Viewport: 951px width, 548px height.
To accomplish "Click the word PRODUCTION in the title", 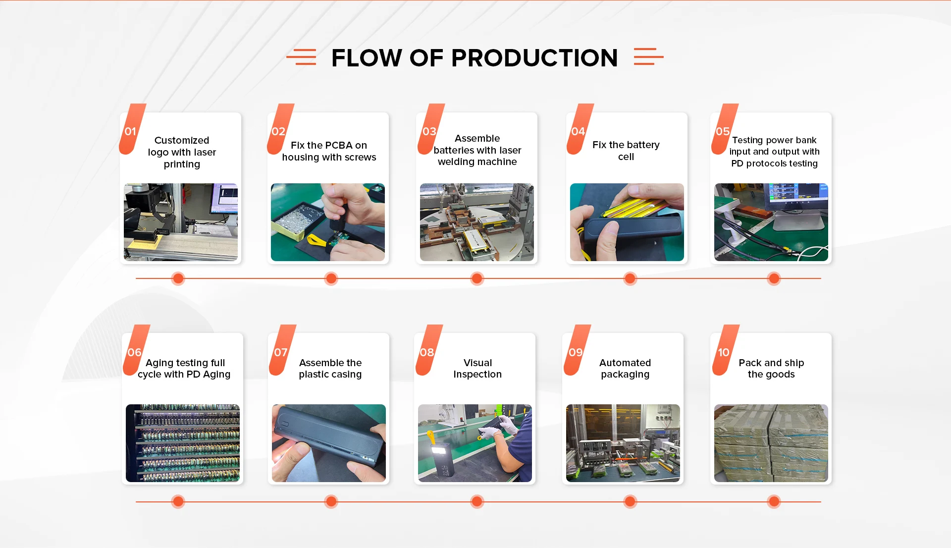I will (x=534, y=58).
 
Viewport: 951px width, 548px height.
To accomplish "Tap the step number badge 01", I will (x=131, y=131).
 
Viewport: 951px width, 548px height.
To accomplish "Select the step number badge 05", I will (x=723, y=131).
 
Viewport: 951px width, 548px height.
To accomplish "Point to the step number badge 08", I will (x=427, y=352).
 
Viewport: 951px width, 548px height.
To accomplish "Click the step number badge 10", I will (x=724, y=352).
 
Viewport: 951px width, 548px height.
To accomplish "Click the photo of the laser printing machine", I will (x=181, y=222).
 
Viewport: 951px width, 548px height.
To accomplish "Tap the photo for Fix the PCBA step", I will (x=328, y=222).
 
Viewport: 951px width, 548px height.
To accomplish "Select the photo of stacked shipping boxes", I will (x=771, y=443).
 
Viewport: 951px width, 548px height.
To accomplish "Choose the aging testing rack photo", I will (x=183, y=443).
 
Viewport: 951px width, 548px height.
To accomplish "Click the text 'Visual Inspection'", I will (x=477, y=369).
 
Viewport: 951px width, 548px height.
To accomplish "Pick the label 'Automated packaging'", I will (x=625, y=369).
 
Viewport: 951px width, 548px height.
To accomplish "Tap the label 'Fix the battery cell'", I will (x=626, y=151).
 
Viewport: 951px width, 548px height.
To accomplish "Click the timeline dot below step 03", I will (x=477, y=278).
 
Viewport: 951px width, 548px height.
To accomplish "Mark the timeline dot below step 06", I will (x=178, y=501).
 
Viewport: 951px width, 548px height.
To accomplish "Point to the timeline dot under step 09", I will (x=630, y=501).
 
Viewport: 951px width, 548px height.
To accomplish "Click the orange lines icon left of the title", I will (x=302, y=57).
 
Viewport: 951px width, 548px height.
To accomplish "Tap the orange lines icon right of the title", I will (x=648, y=57).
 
